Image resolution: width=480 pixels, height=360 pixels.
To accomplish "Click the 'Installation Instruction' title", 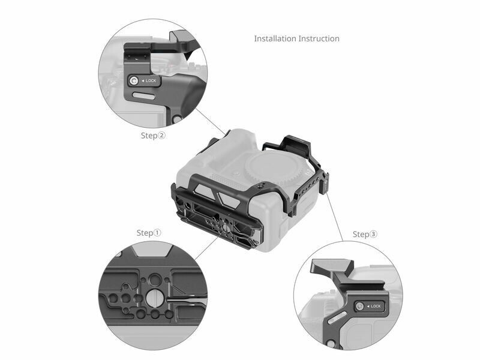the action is pos(296,38).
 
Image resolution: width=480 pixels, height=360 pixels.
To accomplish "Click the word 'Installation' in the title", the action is pos(275,38).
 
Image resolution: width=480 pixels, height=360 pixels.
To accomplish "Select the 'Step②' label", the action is pos(153,136).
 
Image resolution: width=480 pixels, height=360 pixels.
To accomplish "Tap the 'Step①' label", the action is pos(149,233).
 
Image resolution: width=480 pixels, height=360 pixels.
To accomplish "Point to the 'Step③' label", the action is pos(365,235).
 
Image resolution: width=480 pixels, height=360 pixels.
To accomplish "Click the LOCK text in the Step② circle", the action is pos(151,81).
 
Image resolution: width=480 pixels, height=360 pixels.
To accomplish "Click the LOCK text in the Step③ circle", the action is pos(376,306).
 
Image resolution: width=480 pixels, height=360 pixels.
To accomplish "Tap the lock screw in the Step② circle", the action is pos(133,81).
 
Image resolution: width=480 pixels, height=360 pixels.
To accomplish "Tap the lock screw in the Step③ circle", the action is pos(359,306).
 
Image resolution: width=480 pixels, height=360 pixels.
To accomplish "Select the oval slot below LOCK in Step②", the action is pos(143,96).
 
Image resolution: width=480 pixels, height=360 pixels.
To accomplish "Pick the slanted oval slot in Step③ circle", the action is pos(337,317).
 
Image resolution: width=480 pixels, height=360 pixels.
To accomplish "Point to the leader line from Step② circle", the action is pos(211,122).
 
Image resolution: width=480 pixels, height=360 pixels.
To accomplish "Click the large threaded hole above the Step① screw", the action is pos(155,280).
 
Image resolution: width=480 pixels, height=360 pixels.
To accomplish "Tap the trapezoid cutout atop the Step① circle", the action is pos(152,250).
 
